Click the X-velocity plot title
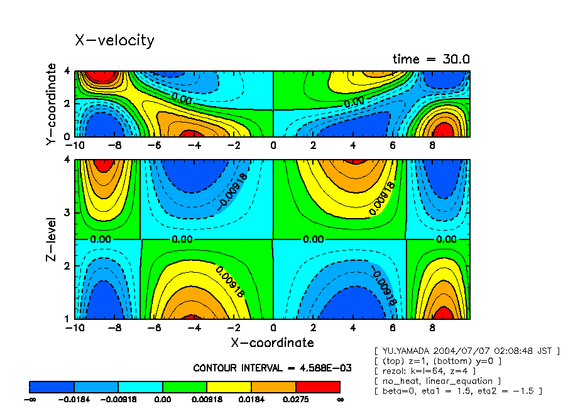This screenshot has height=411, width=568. [114, 41]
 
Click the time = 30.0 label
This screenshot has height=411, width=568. [431, 59]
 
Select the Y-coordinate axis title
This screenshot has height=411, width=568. [52, 104]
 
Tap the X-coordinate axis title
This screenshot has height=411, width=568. [272, 342]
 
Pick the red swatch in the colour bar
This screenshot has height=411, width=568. [318, 386]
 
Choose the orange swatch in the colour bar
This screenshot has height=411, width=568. [274, 386]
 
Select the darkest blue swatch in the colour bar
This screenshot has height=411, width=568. [52, 386]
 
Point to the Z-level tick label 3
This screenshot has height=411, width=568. [67, 212]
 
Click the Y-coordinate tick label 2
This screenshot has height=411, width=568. [67, 103]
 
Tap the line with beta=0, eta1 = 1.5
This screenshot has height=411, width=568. [458, 391]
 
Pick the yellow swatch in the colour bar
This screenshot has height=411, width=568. [229, 386]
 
